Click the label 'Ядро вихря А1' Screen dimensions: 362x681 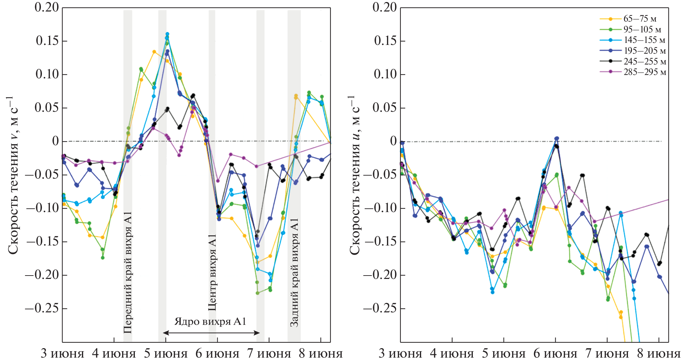point(210,321)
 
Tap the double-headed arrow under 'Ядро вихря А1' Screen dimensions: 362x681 point(212,333)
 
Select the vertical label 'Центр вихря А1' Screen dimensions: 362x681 point(212,272)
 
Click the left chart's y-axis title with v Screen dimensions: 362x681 point(13,175)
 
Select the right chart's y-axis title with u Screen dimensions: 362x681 point(355,175)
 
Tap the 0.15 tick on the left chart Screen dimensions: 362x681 point(47,41)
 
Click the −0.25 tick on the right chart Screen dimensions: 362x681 point(380,308)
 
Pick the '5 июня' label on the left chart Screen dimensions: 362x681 point(166,354)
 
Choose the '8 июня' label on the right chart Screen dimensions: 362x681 point(658,354)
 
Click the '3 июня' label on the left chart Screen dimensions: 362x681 point(63,354)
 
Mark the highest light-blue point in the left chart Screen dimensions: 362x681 point(167,34)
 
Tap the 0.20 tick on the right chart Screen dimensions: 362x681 point(385,7)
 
